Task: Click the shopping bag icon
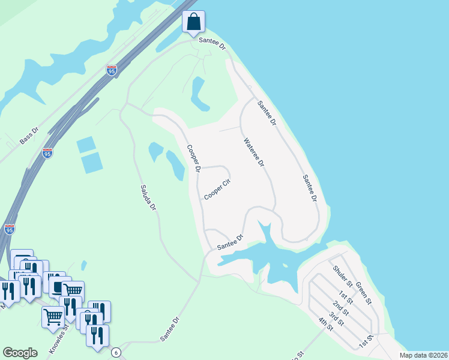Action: click(x=193, y=22)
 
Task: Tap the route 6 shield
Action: click(x=116, y=352)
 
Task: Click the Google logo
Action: click(x=20, y=352)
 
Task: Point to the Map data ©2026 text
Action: click(x=423, y=355)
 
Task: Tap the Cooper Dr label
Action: click(x=193, y=159)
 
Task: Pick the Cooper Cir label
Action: click(x=217, y=190)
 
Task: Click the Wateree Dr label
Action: click(x=254, y=152)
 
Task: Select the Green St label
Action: click(x=363, y=293)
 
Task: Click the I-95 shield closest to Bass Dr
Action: click(x=47, y=153)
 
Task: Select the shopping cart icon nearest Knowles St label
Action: click(x=53, y=316)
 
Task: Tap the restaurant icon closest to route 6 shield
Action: click(x=97, y=335)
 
